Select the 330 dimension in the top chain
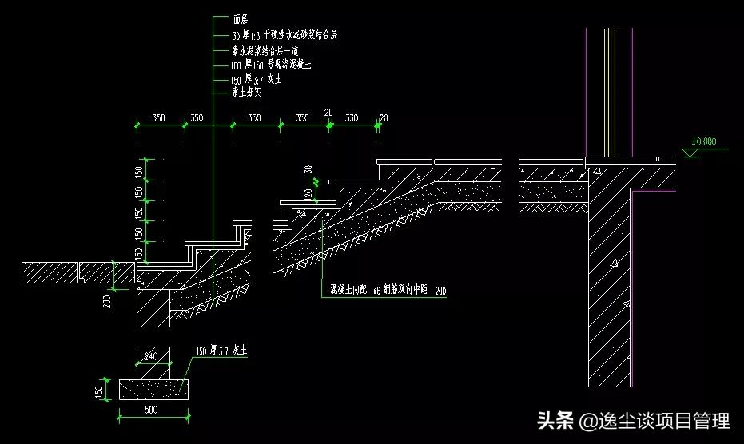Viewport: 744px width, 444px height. point(351,118)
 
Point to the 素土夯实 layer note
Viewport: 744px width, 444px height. point(247,92)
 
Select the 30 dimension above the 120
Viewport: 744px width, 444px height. point(308,170)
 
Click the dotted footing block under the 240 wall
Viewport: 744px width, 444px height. point(153,389)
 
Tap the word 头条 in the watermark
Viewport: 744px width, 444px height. point(555,421)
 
